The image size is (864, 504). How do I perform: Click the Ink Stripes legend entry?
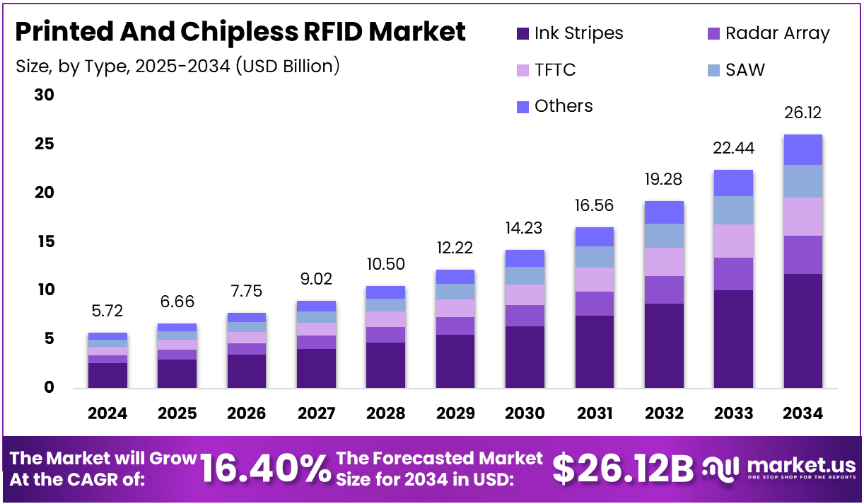569,33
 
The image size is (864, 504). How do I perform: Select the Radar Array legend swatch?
713,33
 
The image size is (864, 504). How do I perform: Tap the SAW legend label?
745,70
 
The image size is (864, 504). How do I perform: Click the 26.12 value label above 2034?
802,113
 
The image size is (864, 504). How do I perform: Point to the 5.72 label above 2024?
107,311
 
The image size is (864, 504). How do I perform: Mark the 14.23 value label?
525,229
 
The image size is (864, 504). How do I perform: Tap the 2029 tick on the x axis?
455,413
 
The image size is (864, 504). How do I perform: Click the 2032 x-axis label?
664,413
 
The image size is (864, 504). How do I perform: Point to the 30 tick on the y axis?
44,95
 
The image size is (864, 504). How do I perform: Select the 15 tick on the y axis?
44,241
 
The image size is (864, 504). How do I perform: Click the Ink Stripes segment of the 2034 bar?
802,331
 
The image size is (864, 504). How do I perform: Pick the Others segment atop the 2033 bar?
733,183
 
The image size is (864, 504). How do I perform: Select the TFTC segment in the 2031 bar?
594,280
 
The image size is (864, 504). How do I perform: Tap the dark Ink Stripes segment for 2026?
246,371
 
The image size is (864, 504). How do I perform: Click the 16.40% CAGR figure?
265,468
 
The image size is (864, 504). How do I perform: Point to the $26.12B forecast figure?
622,468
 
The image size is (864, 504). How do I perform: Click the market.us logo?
780,468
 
